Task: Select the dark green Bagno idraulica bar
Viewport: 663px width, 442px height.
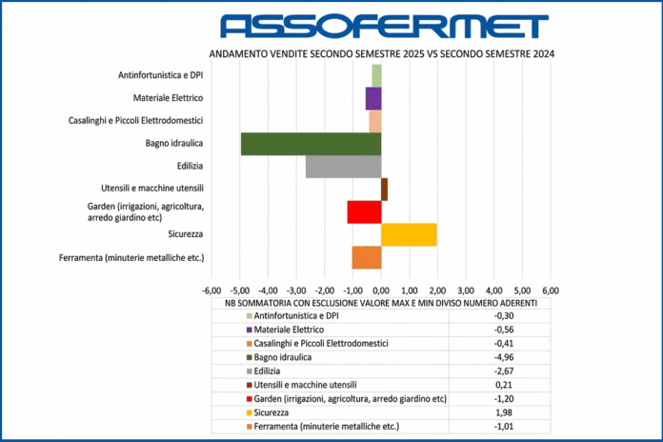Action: (x=311, y=144)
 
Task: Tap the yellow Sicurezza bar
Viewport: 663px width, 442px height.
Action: (x=409, y=234)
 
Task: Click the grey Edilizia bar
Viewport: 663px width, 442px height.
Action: (x=343, y=167)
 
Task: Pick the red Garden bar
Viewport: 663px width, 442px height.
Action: (x=364, y=211)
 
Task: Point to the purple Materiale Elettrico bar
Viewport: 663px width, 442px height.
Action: (x=373, y=98)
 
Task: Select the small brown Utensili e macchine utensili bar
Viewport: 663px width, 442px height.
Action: (x=384, y=189)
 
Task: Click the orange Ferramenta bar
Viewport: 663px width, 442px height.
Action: (x=367, y=257)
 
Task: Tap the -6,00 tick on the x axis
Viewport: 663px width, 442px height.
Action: (x=211, y=290)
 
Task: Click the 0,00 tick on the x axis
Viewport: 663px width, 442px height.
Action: (x=381, y=290)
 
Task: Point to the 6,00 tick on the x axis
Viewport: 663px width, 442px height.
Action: (x=551, y=290)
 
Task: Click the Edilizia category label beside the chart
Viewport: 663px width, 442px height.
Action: (x=190, y=167)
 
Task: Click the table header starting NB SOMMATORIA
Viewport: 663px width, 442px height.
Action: (x=381, y=302)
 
